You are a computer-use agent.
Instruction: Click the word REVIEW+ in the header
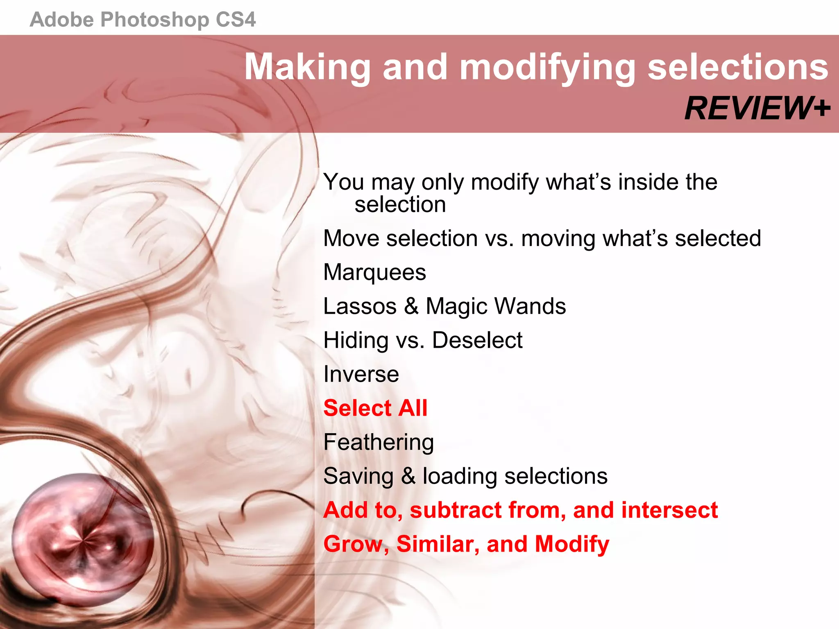click(x=757, y=109)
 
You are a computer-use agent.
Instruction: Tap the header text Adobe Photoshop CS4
click(x=143, y=20)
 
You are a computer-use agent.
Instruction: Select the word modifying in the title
click(x=548, y=68)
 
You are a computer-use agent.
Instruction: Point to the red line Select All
click(x=375, y=408)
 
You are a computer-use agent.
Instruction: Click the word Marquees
click(x=374, y=272)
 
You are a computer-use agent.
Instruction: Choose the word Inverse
click(x=361, y=374)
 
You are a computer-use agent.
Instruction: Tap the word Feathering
click(x=379, y=443)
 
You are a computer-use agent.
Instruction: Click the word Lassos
click(x=360, y=306)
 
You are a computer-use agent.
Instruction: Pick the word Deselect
click(x=477, y=340)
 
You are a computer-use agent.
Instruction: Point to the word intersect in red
click(x=669, y=510)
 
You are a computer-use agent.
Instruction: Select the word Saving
click(x=358, y=477)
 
